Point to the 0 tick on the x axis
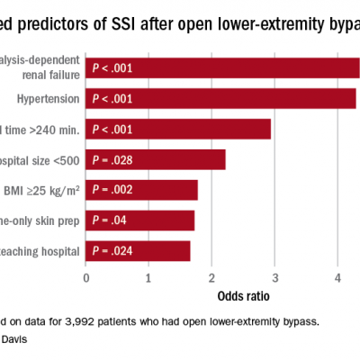click(x=85, y=278)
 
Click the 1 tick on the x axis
click(x=148, y=278)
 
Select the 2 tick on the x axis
click(x=211, y=278)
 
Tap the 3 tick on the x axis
click(x=274, y=278)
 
